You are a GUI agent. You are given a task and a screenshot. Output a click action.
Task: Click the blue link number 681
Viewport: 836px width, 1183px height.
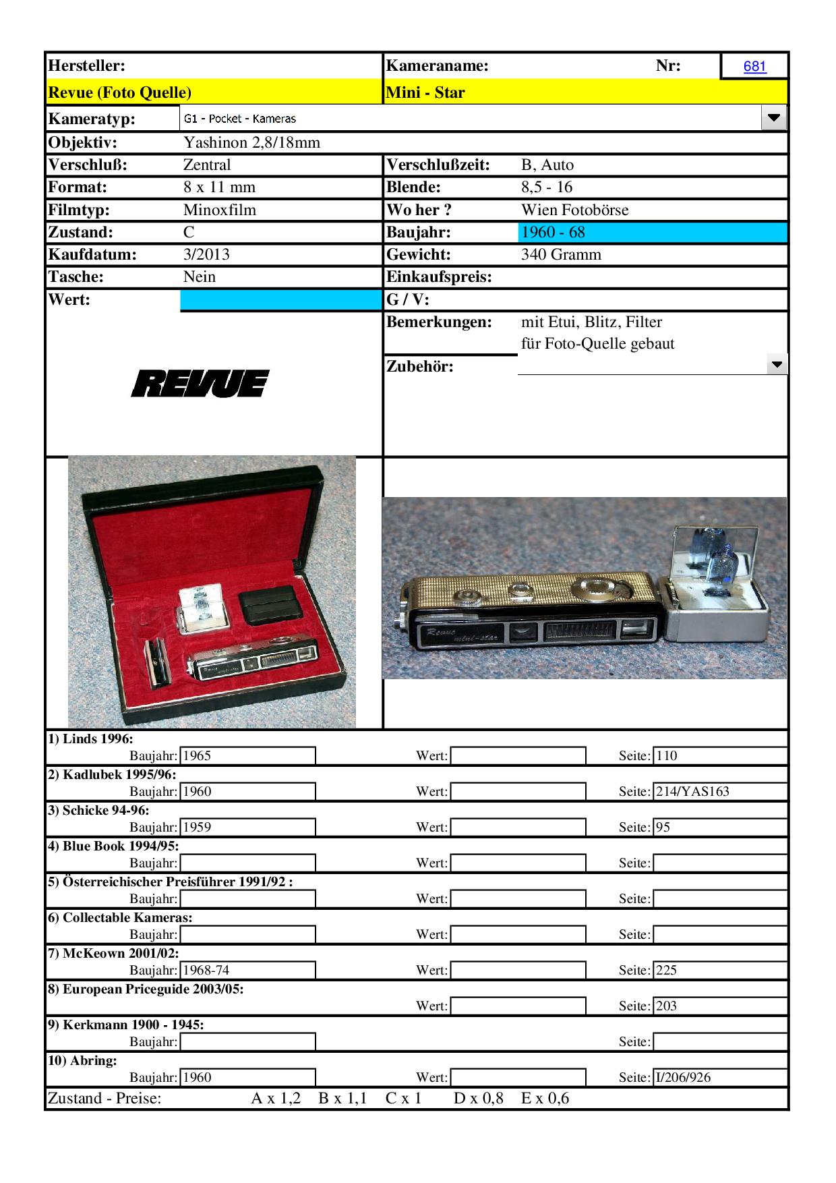[754, 66]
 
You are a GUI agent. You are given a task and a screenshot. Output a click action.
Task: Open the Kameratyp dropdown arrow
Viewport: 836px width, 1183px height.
[773, 118]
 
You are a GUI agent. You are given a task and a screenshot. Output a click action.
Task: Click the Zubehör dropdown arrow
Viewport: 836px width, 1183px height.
[777, 365]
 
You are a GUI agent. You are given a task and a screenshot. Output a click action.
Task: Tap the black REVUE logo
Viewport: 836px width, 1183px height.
[200, 383]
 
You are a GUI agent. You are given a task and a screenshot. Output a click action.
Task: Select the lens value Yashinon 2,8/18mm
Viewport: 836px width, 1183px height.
[251, 142]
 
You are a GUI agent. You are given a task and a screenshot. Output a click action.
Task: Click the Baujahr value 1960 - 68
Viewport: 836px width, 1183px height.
[553, 232]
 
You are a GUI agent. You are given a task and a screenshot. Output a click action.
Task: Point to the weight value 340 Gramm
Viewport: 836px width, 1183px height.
[561, 254]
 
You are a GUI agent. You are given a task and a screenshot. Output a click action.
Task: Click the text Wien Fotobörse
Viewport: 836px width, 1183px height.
[574, 210]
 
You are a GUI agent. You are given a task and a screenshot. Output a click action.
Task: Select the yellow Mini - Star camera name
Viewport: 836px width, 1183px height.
[425, 92]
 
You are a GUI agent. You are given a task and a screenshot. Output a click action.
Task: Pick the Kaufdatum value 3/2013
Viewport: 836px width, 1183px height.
[206, 254]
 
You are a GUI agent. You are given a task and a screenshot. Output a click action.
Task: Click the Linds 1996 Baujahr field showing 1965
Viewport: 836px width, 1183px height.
[247, 755]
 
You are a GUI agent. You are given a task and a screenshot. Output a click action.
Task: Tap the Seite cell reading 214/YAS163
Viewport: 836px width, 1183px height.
[719, 791]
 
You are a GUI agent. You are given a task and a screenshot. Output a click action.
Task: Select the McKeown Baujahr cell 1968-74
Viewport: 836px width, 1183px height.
[247, 970]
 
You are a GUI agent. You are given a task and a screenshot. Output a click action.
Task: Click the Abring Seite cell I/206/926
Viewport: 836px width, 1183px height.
[719, 1077]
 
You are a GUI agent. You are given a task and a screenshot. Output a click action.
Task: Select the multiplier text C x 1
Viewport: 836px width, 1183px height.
[403, 1098]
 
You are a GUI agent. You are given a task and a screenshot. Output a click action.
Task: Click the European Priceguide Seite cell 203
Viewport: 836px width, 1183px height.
[719, 1006]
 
